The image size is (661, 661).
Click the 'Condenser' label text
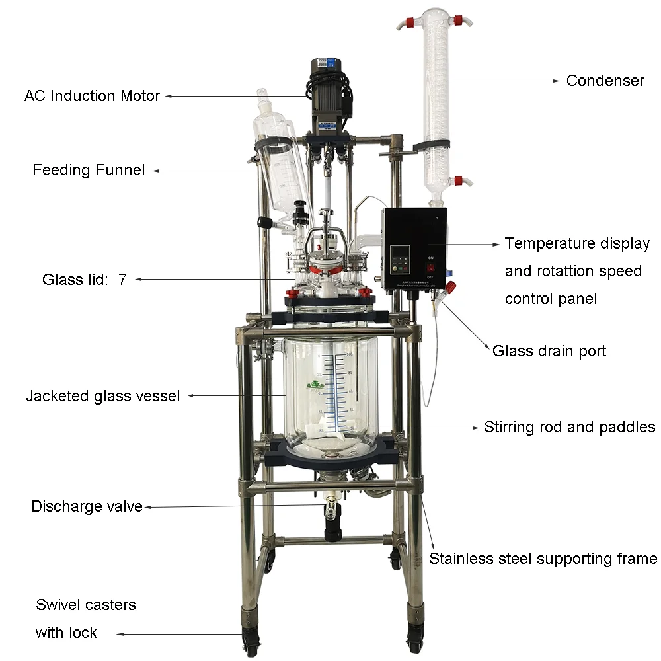tap(605, 81)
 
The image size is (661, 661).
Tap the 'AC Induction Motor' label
tap(92, 96)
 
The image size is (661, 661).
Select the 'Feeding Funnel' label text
tap(89, 170)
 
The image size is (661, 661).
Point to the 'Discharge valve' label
tap(87, 507)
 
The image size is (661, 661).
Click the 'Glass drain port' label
tap(549, 350)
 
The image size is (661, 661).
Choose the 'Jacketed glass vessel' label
tap(102, 396)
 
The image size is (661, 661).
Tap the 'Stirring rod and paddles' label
tap(569, 427)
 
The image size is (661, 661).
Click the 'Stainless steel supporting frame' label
tap(543, 559)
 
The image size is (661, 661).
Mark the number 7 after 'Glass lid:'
tap(122, 279)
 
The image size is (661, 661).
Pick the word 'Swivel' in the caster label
tap(58, 605)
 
